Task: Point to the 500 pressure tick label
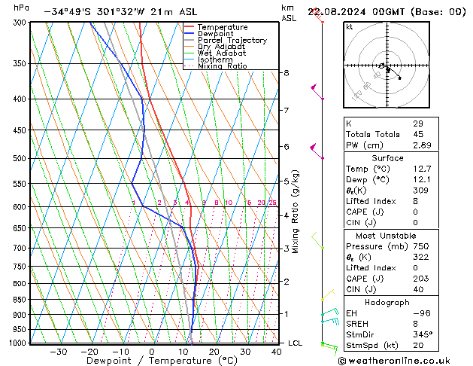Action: (18, 158)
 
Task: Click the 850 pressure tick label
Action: (18, 299)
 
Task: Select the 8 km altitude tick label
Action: (287, 72)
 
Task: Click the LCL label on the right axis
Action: (296, 343)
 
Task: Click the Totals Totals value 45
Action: (417, 134)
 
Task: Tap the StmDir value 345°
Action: (423, 335)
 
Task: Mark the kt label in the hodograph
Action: (349, 26)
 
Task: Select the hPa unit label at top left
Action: (22, 8)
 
